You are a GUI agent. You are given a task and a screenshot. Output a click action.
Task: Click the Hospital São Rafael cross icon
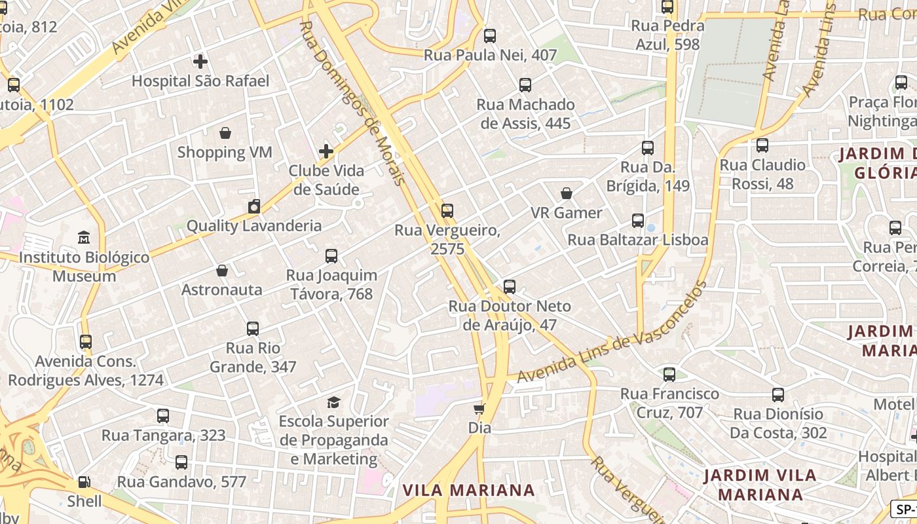point(200,62)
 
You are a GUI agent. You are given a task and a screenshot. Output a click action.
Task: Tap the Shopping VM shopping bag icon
point(225,134)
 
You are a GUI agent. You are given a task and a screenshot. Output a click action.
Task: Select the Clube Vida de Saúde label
point(326,180)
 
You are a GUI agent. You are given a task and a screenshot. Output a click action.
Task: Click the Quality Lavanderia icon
point(254,207)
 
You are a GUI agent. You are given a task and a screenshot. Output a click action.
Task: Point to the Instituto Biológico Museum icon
point(84,237)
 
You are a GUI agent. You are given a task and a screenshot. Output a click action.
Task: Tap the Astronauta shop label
point(221,290)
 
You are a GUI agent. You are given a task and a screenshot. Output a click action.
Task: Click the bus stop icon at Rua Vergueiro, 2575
point(447,211)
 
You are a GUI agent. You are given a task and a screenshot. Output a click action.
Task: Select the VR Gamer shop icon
point(567,193)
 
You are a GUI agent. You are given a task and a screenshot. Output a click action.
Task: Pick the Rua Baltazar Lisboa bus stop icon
point(638,221)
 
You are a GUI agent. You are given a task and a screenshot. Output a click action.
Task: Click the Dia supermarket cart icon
point(479,409)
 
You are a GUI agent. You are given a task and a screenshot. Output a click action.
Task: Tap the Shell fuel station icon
point(84,482)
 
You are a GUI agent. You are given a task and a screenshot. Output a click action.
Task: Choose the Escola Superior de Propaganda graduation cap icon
point(334,402)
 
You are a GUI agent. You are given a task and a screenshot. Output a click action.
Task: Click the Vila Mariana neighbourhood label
point(468,490)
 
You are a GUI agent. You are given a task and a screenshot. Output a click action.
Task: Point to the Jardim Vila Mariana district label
point(760,485)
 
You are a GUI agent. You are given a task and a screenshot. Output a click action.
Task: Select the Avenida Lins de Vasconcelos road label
point(612,333)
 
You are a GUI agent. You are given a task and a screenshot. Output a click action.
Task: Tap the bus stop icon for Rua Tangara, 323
point(163,416)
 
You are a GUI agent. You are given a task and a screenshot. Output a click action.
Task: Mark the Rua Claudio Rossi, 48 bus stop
point(762,145)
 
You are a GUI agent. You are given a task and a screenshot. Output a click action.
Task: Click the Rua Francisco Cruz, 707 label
point(669,403)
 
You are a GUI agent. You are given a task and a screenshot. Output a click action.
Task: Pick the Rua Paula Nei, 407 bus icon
point(490,36)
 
